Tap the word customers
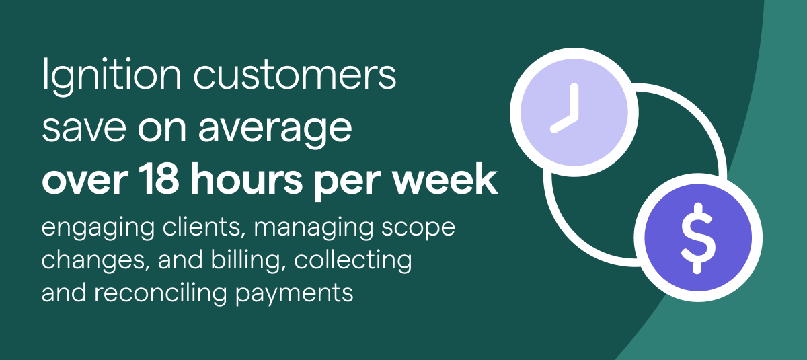[295, 75]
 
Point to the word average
[275, 131]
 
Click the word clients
[204, 227]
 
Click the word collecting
[352, 261]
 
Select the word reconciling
[161, 293]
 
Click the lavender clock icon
[574, 112]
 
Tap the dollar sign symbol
[698, 238]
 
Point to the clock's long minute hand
[574, 101]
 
